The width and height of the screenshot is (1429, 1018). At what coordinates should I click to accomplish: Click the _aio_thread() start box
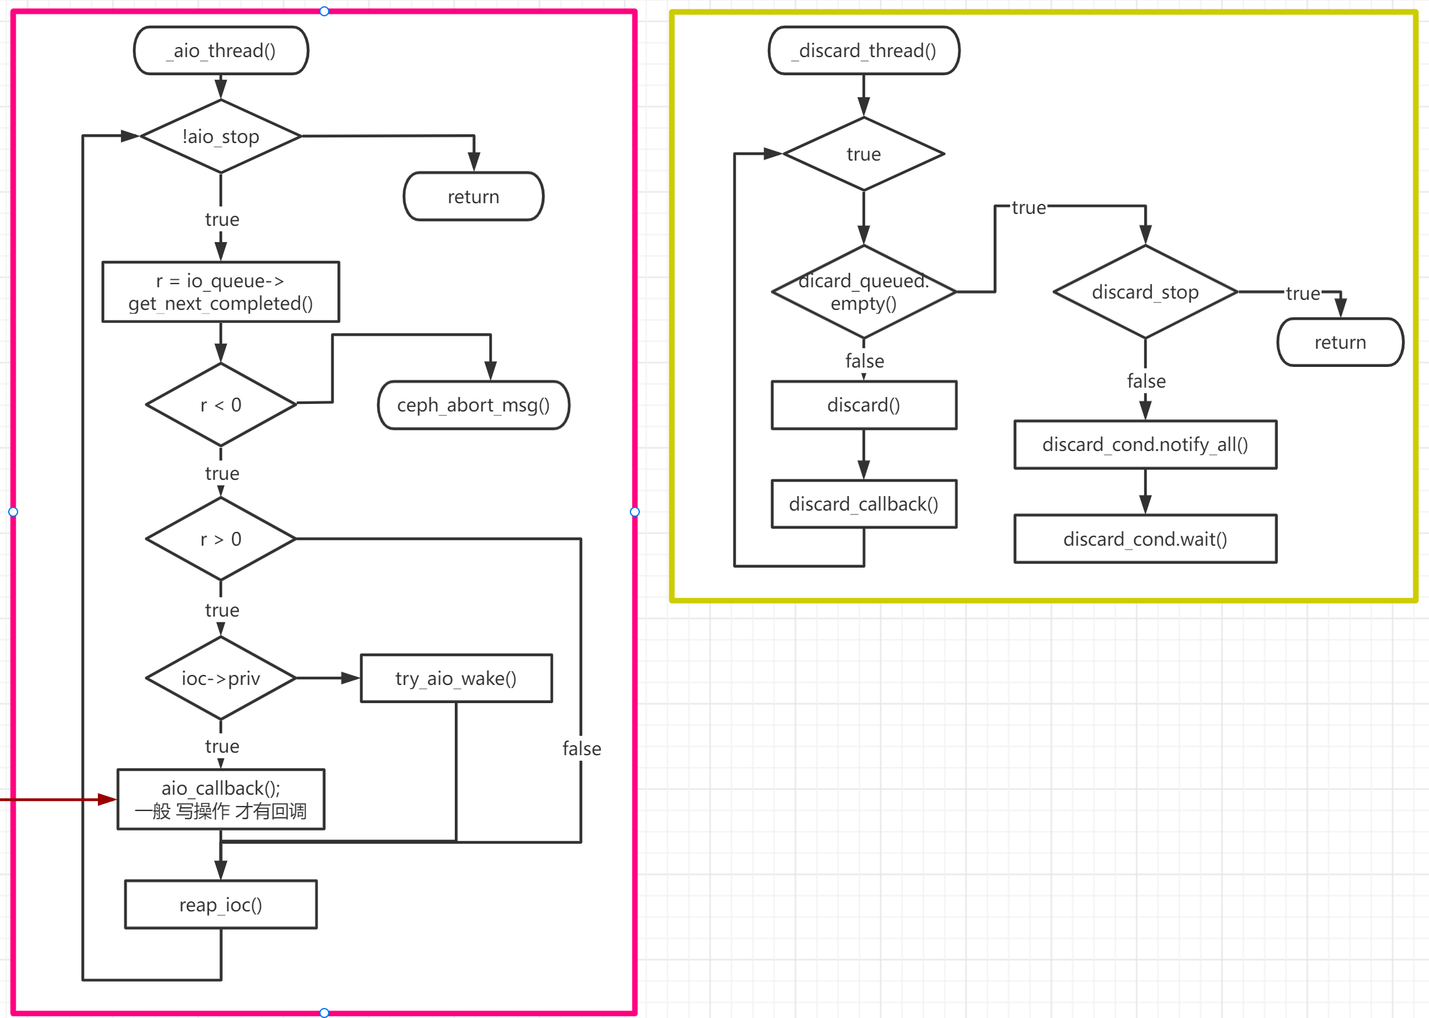[x=221, y=50]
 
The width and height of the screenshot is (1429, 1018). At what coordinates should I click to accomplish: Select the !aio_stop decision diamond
[x=221, y=136]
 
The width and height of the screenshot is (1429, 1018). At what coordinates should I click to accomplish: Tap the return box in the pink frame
[x=473, y=196]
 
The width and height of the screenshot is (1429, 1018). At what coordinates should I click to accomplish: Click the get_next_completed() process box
[x=221, y=292]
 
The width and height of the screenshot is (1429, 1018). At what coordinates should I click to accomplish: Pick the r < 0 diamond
[x=221, y=405]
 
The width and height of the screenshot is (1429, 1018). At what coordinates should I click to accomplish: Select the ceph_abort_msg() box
[x=473, y=405]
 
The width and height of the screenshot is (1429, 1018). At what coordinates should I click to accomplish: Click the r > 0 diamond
[x=221, y=539]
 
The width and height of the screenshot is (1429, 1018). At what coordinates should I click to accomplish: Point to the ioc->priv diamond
[x=221, y=678]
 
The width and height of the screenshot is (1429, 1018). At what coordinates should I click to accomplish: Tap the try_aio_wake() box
[x=456, y=678]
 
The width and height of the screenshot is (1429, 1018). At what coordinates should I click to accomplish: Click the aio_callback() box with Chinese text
[x=221, y=799]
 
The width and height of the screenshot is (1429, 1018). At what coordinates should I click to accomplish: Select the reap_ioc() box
[x=221, y=904]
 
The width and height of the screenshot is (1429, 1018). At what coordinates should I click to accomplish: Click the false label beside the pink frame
[x=582, y=748]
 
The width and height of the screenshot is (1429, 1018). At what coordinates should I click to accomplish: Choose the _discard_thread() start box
[x=864, y=50]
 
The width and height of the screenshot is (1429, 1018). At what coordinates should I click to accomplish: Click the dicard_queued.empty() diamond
[x=864, y=292]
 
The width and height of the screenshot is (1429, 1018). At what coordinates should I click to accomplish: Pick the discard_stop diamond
[x=1145, y=292]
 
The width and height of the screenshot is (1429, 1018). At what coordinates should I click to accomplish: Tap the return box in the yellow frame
[x=1340, y=342]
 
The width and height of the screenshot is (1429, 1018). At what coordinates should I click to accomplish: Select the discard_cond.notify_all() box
[x=1145, y=445]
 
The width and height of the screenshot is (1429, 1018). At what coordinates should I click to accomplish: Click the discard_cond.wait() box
[x=1145, y=539]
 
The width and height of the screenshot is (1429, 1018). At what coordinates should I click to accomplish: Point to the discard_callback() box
[x=864, y=504]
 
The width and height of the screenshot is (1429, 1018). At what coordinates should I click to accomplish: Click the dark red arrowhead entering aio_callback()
[x=107, y=799]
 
